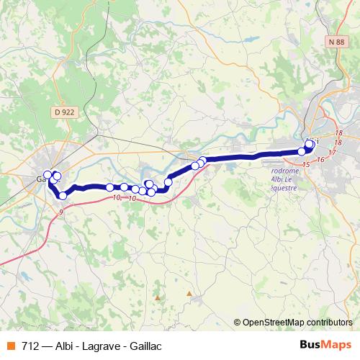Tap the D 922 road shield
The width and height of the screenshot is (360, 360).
[64, 112]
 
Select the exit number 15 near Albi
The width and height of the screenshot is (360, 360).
[306, 166]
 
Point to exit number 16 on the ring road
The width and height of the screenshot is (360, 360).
[320, 160]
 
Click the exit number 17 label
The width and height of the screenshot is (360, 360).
[332, 153]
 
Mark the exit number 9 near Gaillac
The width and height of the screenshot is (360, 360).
[61, 212]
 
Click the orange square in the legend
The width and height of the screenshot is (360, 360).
[11, 344]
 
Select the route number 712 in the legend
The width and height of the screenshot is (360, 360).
[31, 344]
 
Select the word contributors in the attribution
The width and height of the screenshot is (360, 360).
[329, 323]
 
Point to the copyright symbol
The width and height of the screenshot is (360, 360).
[238, 323]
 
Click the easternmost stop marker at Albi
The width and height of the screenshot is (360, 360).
[310, 144]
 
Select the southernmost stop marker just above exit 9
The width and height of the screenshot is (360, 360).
[63, 195]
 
